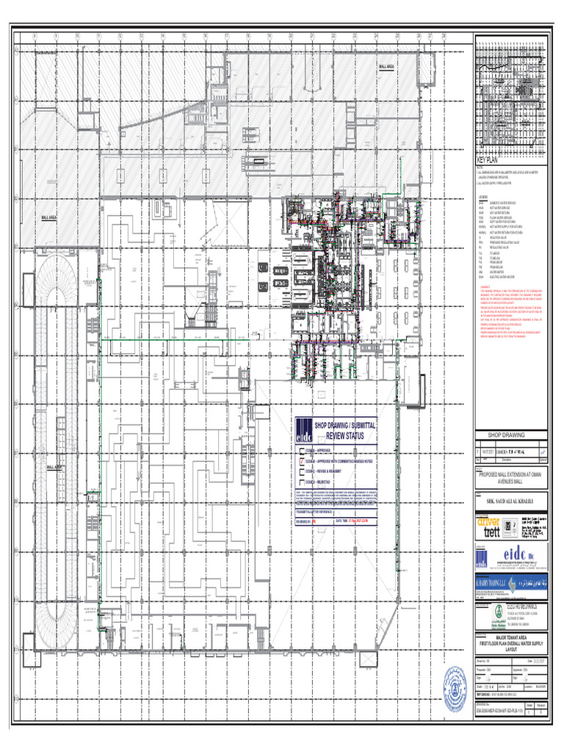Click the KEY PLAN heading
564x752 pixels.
coord(488,160)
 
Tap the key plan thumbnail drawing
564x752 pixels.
coord(512,95)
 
